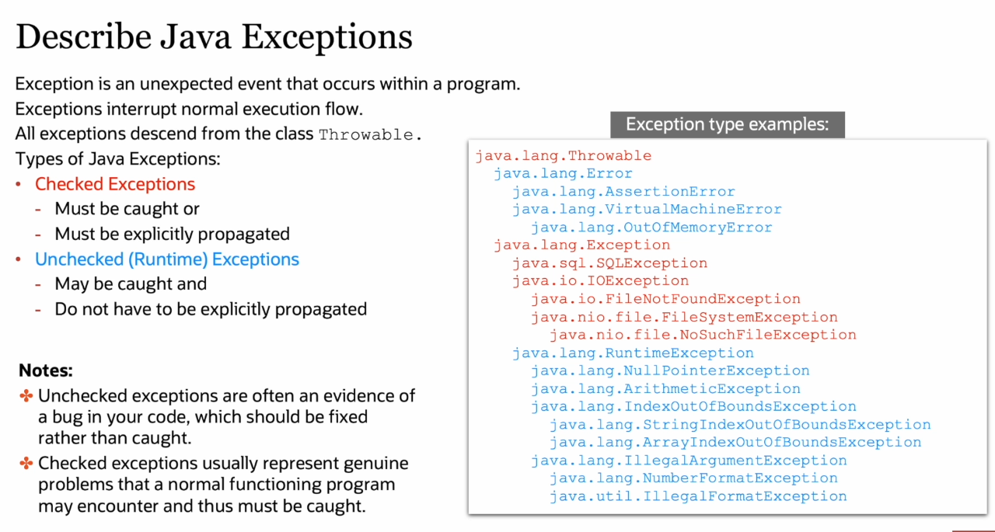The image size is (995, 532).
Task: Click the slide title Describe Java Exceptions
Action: (x=214, y=37)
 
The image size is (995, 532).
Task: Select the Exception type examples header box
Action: (x=727, y=125)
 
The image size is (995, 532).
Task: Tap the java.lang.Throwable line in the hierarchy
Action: (x=564, y=156)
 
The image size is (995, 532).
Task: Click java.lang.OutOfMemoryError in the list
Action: (x=651, y=228)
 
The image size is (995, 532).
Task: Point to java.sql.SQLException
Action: (x=610, y=263)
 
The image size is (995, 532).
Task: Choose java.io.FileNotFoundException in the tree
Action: (x=666, y=298)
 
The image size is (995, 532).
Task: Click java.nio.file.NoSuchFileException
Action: (x=703, y=335)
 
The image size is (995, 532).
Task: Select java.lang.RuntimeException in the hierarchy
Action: (x=633, y=353)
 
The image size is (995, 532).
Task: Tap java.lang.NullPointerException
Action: (x=670, y=370)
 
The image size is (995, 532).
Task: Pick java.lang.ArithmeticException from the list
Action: (x=666, y=388)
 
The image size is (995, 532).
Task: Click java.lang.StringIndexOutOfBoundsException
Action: (x=740, y=425)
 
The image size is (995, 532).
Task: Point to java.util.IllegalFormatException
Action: (x=698, y=496)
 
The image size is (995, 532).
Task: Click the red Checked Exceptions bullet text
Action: (x=115, y=184)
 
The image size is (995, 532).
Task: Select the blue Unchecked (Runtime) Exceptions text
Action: (x=167, y=259)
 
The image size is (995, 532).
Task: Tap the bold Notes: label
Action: (x=45, y=370)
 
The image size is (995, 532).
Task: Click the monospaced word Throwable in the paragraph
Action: (x=366, y=134)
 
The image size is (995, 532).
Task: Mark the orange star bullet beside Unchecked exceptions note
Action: (x=26, y=396)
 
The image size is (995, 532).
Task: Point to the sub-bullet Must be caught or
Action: (x=127, y=209)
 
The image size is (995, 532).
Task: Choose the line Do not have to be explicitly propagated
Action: (x=211, y=309)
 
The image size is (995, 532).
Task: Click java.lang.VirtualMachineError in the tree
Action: (x=648, y=209)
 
